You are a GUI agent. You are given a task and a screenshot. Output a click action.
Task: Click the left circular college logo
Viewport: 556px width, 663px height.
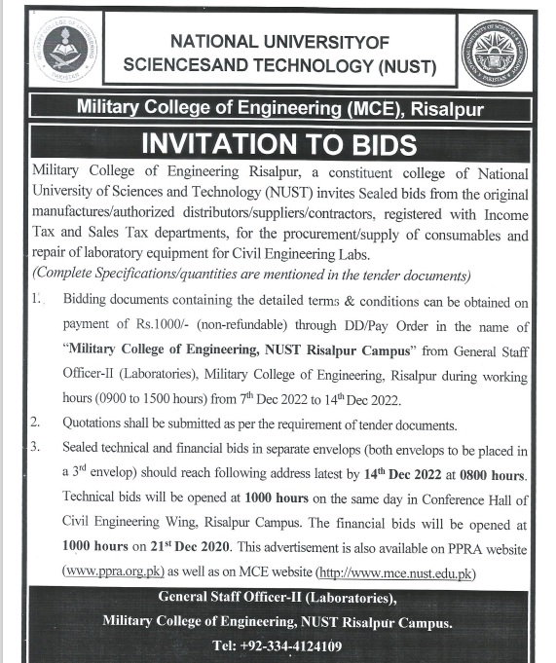(x=63, y=50)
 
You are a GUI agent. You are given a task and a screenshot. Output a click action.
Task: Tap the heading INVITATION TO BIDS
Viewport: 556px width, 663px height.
(x=278, y=145)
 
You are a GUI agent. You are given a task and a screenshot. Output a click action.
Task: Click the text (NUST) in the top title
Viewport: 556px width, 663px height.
(x=402, y=67)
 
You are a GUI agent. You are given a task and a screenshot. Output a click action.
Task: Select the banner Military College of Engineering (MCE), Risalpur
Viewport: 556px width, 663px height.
(x=278, y=110)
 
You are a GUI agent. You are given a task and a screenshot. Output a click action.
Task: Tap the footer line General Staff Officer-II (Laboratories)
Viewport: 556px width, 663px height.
(x=278, y=597)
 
